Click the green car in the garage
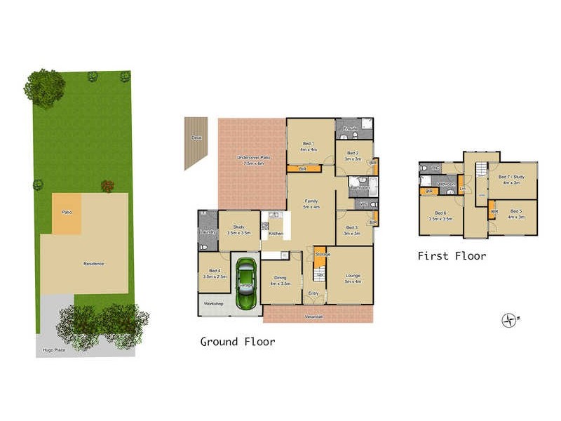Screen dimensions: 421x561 [245, 285]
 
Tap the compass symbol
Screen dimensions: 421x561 [509, 321]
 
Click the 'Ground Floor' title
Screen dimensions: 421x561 [238, 342]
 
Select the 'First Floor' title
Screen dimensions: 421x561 [452, 256]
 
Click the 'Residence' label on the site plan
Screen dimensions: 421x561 [94, 264]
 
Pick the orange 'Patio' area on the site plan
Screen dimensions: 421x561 [67, 212]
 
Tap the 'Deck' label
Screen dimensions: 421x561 [196, 138]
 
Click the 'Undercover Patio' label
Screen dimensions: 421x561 [250, 156]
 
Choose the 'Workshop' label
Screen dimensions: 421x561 [213, 304]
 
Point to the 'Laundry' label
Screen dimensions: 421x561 [207, 232]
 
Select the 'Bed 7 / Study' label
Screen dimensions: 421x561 [512, 177]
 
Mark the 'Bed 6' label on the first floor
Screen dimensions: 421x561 [440, 213]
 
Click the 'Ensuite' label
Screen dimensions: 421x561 [351, 128]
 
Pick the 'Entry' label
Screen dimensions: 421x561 [313, 293]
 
